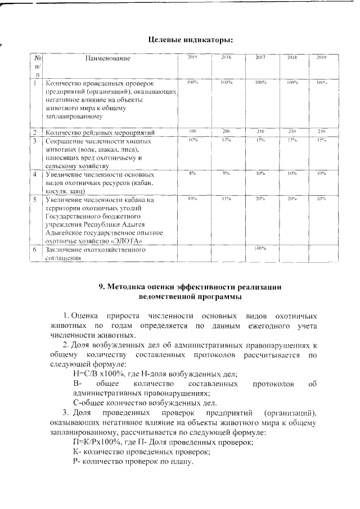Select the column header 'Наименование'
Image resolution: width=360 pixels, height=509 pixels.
[107, 58]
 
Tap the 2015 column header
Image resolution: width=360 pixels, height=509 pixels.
[192, 57]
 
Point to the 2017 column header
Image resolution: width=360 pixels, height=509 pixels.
[260, 57]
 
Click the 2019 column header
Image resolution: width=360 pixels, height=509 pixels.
[322, 57]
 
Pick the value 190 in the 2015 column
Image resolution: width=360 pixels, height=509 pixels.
[192, 131]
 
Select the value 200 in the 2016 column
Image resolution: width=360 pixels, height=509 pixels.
[227, 131]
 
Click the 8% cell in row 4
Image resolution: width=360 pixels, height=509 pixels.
[192, 173]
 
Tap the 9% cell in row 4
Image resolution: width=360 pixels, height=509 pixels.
[227, 173]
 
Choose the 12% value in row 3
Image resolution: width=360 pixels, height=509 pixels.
[227, 139]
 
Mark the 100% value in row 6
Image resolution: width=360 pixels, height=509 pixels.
[260, 248]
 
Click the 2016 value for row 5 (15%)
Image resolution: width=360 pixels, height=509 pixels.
[227, 199]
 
